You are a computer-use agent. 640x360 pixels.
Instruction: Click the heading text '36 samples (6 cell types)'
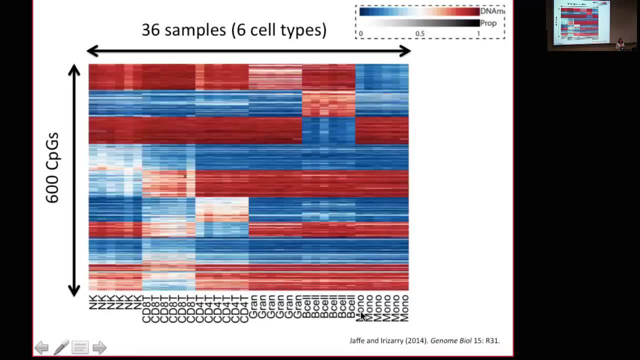point(234,30)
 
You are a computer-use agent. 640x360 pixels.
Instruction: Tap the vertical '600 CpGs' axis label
point(52,168)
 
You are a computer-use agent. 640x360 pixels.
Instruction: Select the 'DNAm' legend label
point(492,11)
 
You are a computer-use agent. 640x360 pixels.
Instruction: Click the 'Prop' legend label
point(488,23)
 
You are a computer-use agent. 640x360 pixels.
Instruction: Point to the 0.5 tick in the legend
point(419,34)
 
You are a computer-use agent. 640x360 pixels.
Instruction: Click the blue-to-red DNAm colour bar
point(419,11)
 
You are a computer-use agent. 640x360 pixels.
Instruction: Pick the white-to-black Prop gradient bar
point(419,23)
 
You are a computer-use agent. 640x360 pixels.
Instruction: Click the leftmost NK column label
point(93,302)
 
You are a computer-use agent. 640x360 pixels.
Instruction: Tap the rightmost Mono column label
point(404,308)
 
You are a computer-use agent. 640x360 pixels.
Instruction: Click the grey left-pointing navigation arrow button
point(41,347)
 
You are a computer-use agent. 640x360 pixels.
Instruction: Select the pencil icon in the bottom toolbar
point(61,347)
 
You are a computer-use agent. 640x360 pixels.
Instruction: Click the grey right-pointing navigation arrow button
point(99,347)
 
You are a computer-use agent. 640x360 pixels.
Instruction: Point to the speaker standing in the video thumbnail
point(620,44)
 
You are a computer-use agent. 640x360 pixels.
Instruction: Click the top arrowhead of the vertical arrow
point(74,70)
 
